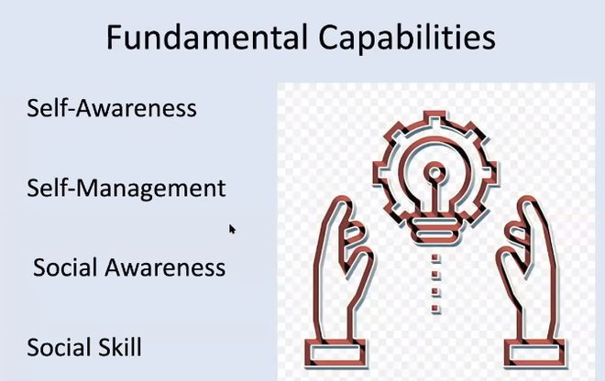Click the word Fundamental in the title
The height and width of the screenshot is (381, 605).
coord(207,37)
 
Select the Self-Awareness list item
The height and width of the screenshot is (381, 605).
coord(112,108)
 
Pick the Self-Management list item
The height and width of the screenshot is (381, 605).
coord(126,189)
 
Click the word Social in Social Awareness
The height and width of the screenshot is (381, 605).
coord(65,267)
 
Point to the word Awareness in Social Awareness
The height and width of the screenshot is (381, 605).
coord(165,267)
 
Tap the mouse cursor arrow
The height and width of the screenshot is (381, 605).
coord(232,229)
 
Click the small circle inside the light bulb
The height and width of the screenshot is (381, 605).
coord(434,173)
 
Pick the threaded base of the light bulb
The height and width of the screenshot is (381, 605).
coord(434,230)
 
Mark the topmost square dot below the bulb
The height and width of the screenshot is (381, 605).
coord(435,258)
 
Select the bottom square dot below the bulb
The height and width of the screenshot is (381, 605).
coord(435,309)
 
